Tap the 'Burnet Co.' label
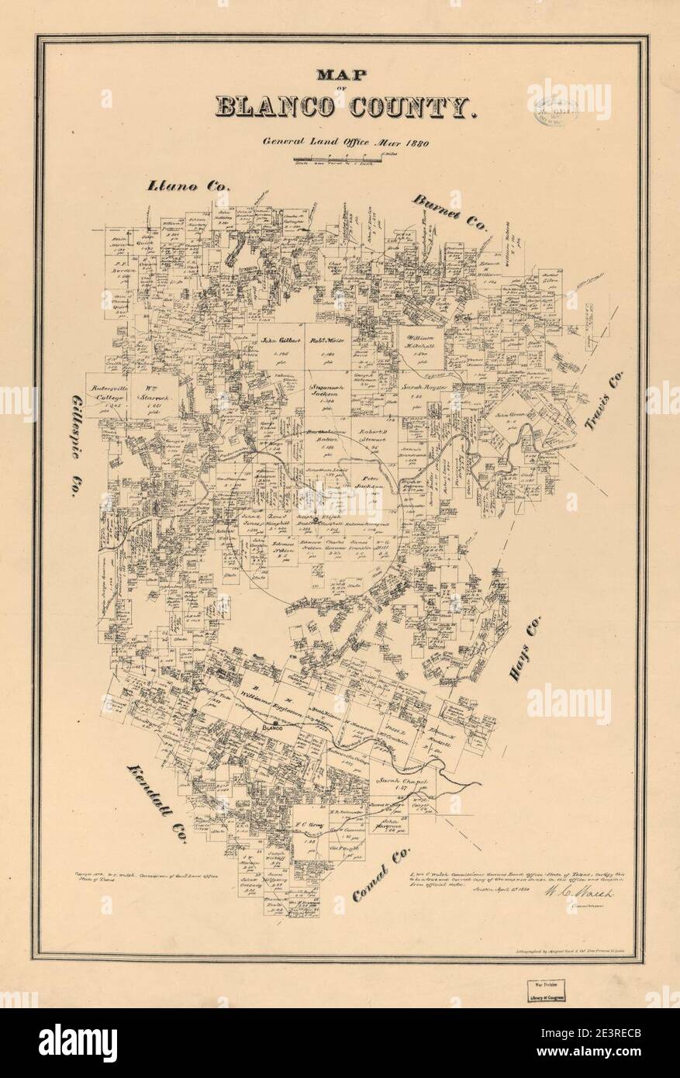point(450,212)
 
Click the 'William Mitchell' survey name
point(423,343)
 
